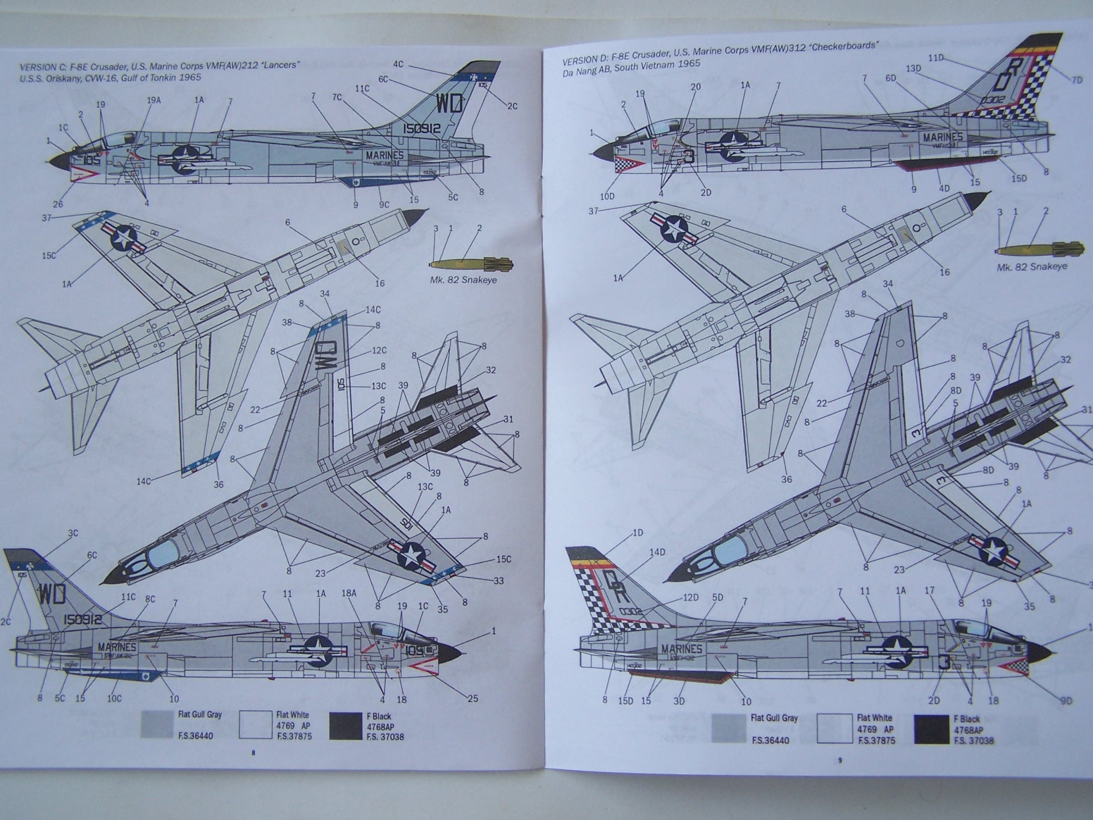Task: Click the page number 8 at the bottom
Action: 254,753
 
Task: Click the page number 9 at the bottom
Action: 839,759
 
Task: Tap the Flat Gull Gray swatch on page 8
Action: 156,724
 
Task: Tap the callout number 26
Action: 58,205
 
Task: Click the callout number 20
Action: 695,87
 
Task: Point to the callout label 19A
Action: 154,100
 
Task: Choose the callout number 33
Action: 499,580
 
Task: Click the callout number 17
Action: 930,590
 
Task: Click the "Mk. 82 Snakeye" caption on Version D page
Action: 1032,266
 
